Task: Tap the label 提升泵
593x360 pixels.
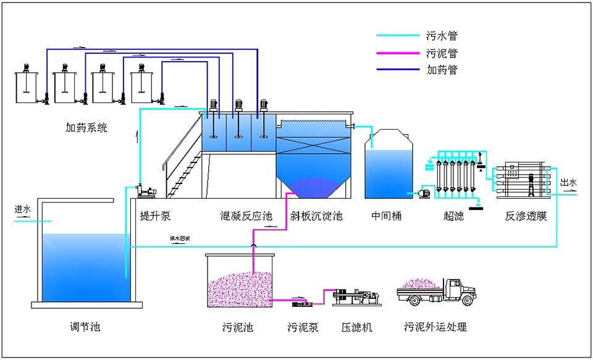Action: (x=156, y=216)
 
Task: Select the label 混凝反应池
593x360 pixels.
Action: (x=246, y=216)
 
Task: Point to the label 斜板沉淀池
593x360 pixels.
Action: (x=316, y=216)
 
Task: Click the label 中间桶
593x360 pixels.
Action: (x=387, y=216)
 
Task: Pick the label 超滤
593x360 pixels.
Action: (x=453, y=216)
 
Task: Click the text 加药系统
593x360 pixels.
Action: (x=86, y=128)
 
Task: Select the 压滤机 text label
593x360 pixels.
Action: (x=356, y=327)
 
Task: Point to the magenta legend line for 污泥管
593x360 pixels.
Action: (x=398, y=53)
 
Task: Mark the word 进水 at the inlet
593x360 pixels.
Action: (x=23, y=209)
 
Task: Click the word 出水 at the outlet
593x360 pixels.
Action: (x=568, y=183)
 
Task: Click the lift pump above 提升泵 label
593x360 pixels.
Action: (x=146, y=191)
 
